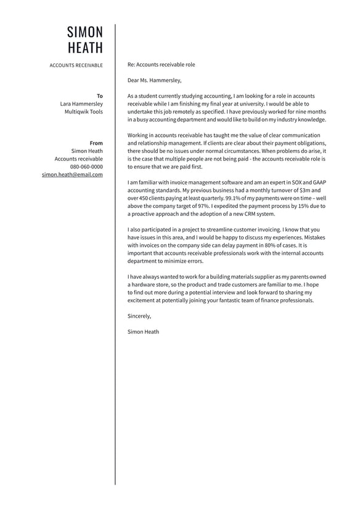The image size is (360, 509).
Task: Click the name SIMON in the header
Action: (85, 32)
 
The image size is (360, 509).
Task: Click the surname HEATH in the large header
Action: (85, 48)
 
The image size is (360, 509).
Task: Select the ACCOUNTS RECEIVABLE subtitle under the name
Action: (76, 65)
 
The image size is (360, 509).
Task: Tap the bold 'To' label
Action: (100, 96)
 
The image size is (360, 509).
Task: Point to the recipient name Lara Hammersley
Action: (81, 104)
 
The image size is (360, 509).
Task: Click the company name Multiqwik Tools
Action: (84, 112)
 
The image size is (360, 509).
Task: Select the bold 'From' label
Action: (96, 143)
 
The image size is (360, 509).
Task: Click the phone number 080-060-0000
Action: (86, 167)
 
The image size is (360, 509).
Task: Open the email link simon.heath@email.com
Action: (72, 175)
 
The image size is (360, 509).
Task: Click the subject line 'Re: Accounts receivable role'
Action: (161, 64)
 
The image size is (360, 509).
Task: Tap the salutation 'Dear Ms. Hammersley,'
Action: (155, 80)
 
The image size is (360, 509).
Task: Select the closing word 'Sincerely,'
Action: (139, 316)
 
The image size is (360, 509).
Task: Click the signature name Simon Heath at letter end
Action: (143, 332)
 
